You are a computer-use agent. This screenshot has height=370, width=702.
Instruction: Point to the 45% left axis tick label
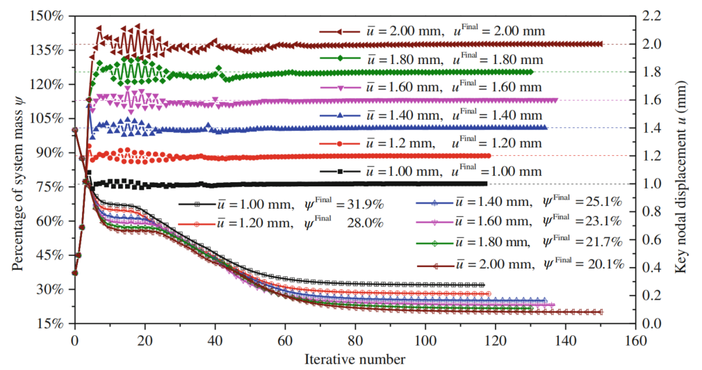(x=53, y=255)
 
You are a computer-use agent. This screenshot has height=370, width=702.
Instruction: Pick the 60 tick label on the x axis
(x=285, y=340)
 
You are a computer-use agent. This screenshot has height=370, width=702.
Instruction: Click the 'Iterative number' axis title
(x=353, y=360)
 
